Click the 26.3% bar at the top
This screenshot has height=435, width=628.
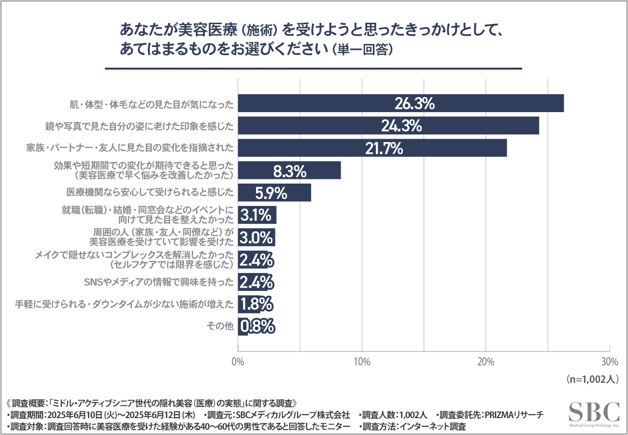(401, 103)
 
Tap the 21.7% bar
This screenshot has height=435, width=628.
(372, 148)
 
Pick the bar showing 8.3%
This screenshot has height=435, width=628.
(289, 171)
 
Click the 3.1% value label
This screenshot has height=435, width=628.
(257, 215)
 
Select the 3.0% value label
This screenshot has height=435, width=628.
(256, 237)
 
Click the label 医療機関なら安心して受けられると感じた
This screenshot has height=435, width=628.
(150, 193)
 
